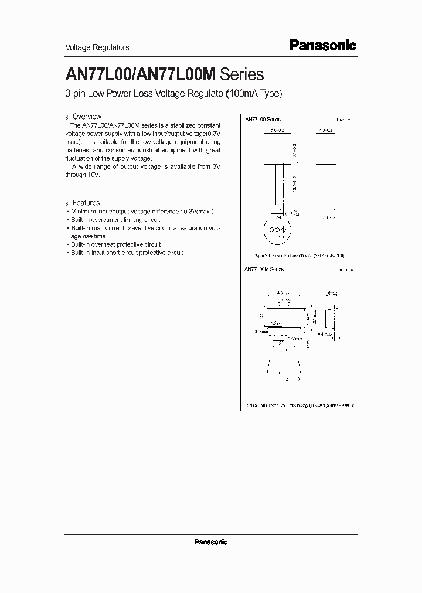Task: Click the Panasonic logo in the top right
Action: click(323, 46)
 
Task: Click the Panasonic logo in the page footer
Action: click(210, 542)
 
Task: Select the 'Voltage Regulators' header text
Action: click(97, 47)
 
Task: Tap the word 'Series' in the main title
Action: click(241, 75)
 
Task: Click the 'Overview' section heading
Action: click(87, 117)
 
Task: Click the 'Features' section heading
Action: click(86, 203)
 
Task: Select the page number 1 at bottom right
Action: click(355, 550)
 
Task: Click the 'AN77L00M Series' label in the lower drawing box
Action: click(264, 269)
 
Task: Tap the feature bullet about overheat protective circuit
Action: click(115, 244)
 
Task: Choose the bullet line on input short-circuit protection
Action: click(126, 253)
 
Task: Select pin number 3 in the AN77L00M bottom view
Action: click(299, 379)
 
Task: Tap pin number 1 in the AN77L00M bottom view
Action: click(274, 379)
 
